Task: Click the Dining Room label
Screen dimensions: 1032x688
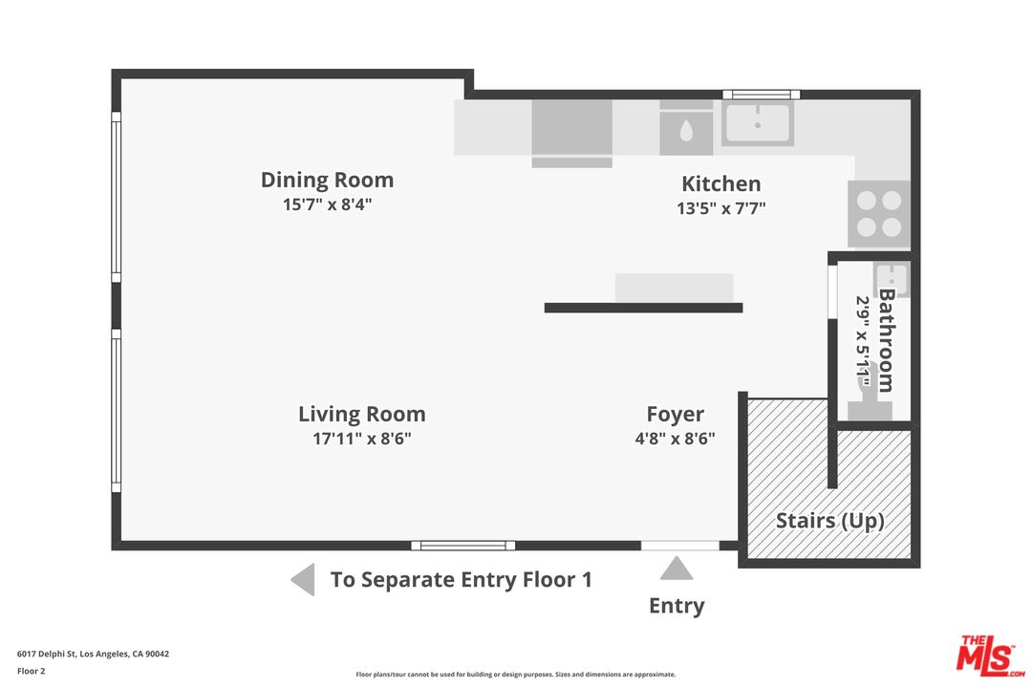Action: [x=327, y=180]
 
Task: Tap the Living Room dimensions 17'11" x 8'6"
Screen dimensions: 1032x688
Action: [x=362, y=439]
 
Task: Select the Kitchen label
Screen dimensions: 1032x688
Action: [x=720, y=183]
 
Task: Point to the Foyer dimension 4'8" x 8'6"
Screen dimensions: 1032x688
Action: [x=676, y=439]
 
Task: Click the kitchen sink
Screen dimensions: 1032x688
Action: [x=758, y=122]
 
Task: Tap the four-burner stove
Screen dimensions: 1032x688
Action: [x=879, y=213]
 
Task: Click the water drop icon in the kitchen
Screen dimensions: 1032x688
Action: [x=686, y=130]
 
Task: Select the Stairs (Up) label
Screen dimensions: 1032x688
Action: [x=830, y=521]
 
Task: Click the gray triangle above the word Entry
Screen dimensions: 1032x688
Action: [x=677, y=569]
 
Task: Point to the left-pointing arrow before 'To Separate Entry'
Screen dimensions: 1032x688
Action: [x=303, y=580]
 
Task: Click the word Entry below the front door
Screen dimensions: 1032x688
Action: [x=677, y=606]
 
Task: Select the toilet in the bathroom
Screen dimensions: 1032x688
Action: [x=870, y=394]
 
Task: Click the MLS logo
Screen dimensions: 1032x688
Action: [x=991, y=656]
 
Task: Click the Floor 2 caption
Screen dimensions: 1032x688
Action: [x=31, y=671]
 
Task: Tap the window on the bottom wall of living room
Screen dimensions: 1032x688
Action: [x=463, y=545]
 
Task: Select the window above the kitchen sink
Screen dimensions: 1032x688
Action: [x=762, y=95]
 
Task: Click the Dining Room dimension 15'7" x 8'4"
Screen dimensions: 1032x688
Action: [x=327, y=204]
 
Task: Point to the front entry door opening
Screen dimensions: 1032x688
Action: [x=680, y=545]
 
